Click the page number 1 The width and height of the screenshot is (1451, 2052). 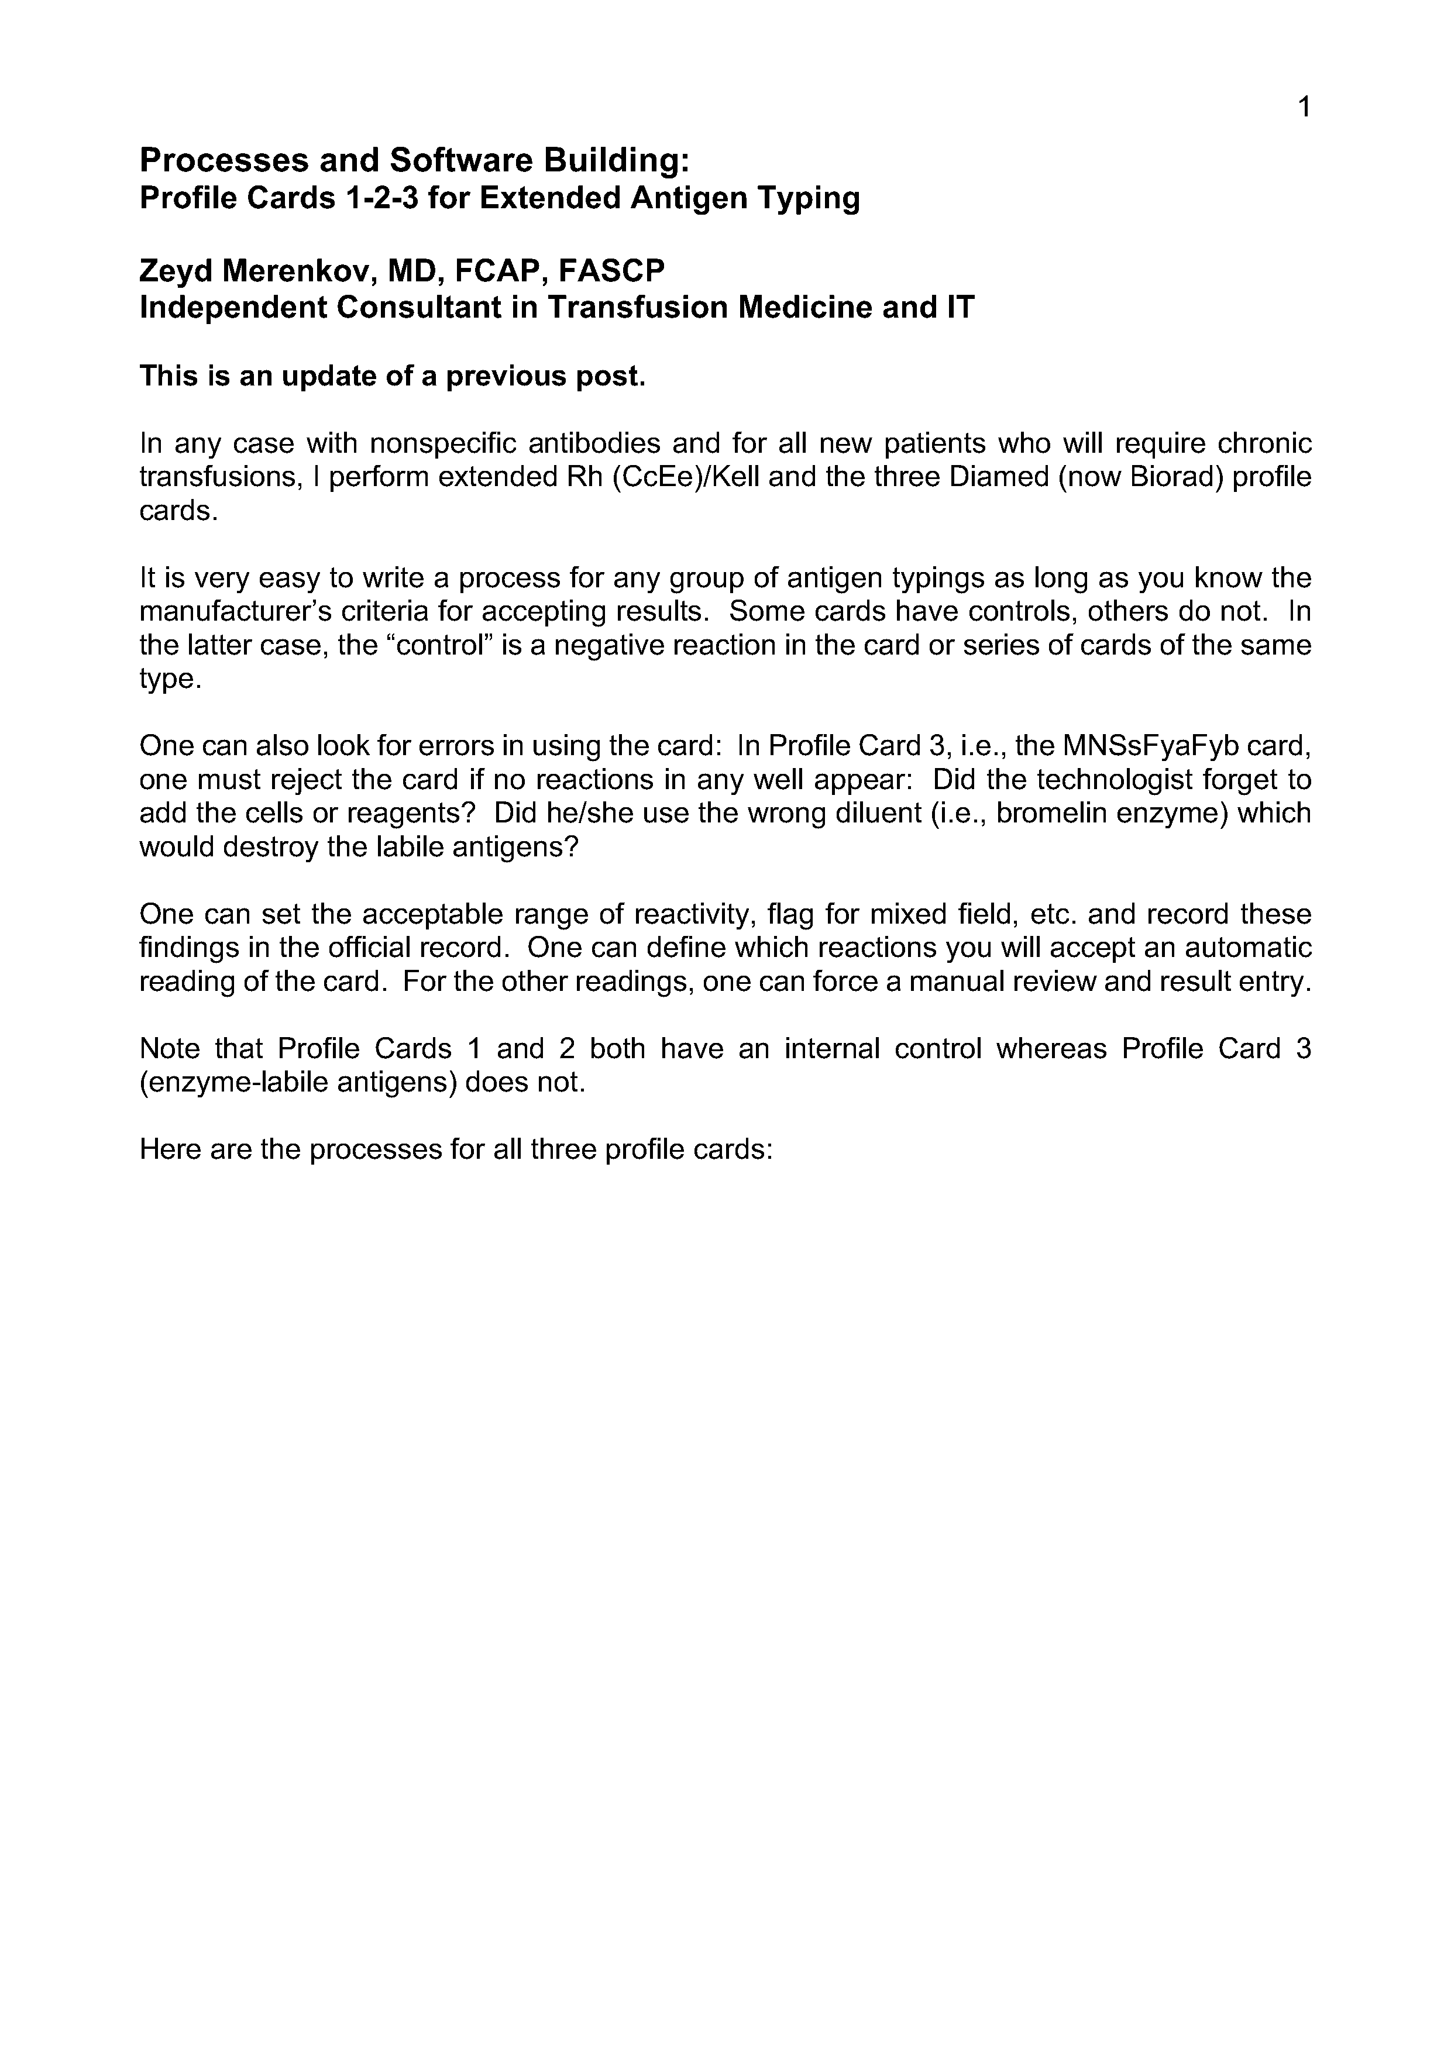(1304, 107)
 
